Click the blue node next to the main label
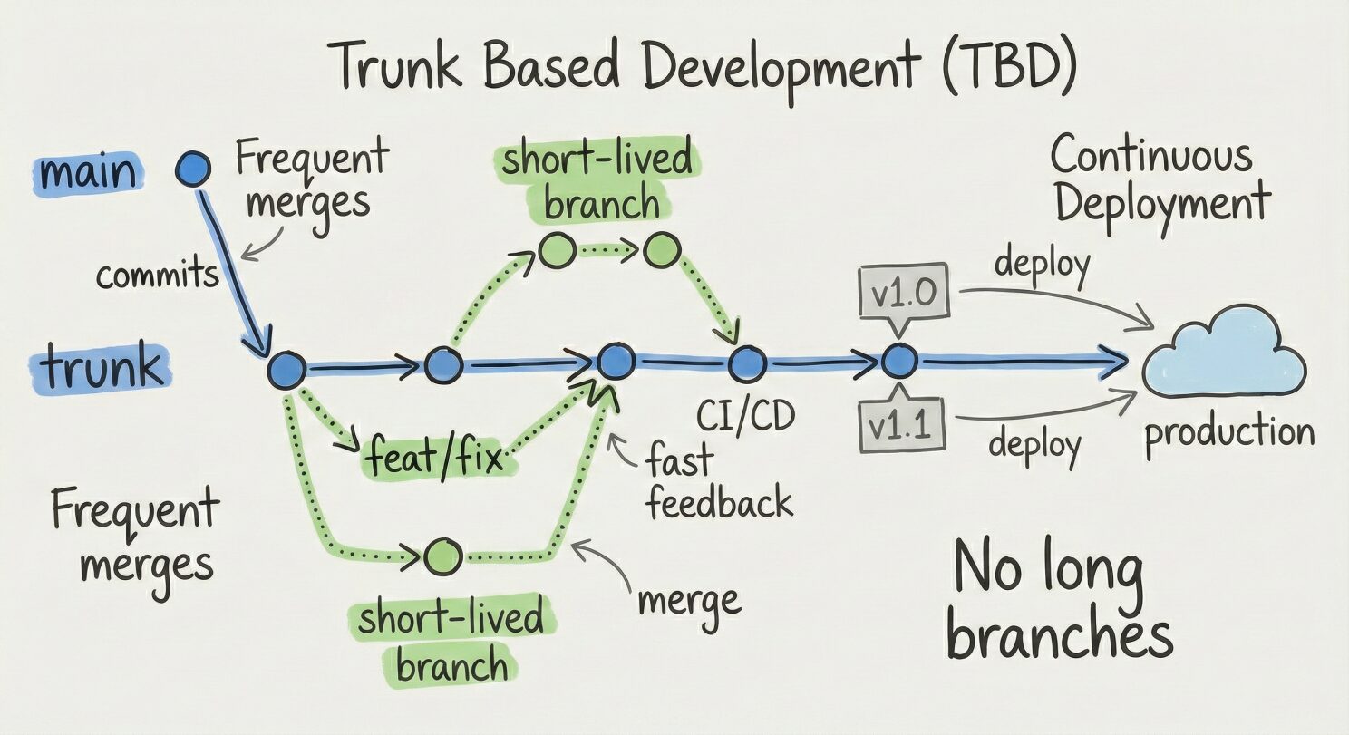(x=192, y=168)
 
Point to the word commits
(x=158, y=274)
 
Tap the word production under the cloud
(x=1228, y=432)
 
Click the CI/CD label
(x=744, y=415)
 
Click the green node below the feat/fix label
(x=443, y=554)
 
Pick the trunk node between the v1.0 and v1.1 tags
(x=898, y=361)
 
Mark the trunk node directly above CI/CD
(x=748, y=363)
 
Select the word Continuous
(x=1151, y=156)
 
